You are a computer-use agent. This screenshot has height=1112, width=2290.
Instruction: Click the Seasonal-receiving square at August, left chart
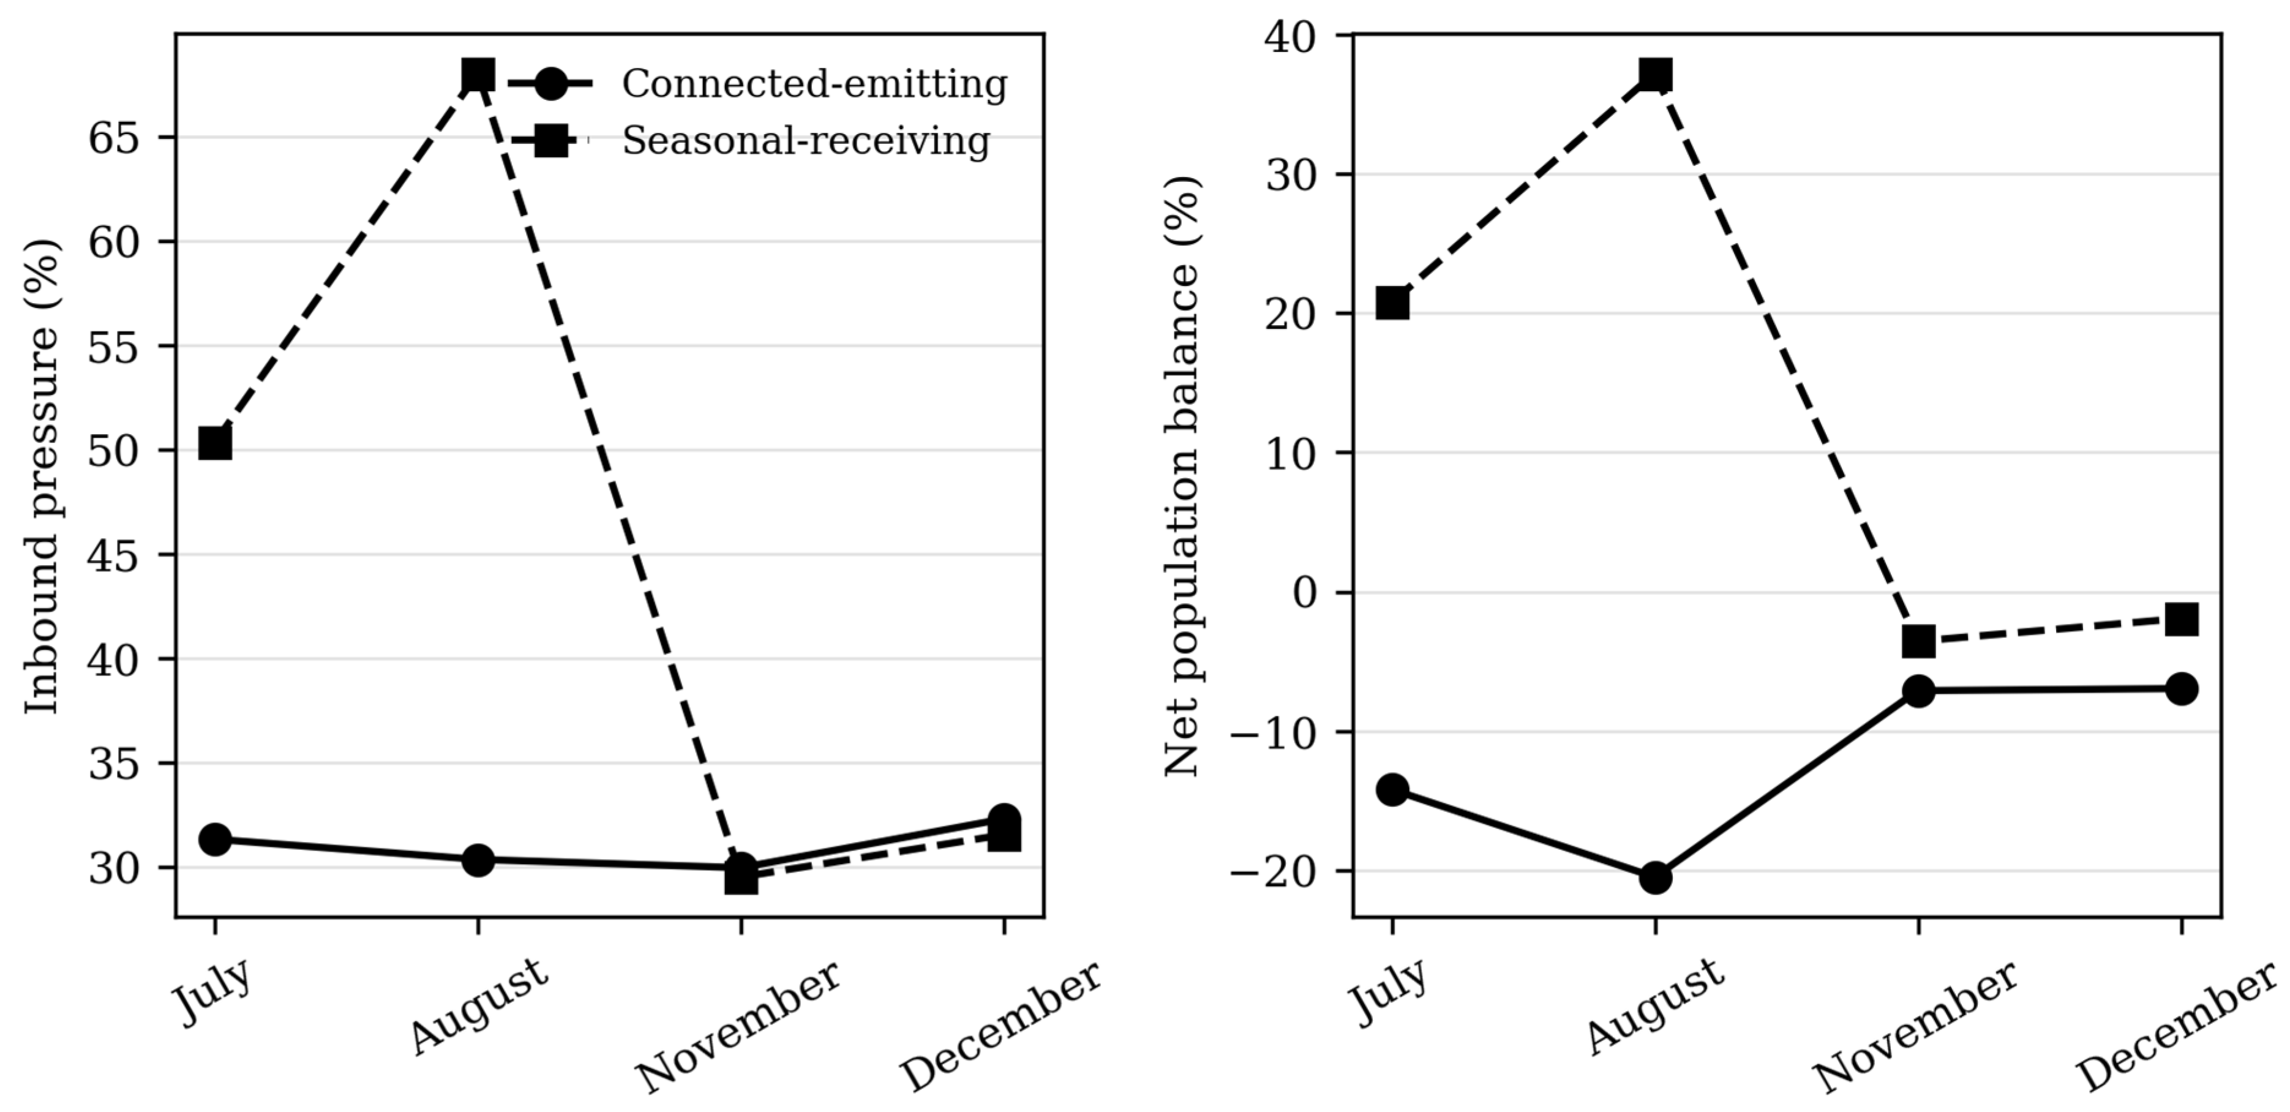coord(478,75)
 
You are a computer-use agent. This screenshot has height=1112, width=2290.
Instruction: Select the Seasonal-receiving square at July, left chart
coord(215,443)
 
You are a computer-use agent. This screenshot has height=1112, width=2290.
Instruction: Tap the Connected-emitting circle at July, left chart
coord(215,839)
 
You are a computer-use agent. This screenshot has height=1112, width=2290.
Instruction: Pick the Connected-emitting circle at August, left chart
coord(478,860)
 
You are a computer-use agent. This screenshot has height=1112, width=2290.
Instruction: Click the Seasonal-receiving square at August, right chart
coord(1655,75)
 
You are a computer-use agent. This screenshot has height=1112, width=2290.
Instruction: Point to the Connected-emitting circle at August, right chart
coord(1655,878)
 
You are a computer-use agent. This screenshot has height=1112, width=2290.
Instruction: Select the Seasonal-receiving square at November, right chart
coord(1918,641)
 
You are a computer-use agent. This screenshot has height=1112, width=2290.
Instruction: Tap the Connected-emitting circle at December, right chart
coord(2182,689)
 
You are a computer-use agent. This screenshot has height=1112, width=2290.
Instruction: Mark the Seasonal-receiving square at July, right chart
coord(1392,303)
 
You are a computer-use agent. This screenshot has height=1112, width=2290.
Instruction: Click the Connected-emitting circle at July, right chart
coord(1392,789)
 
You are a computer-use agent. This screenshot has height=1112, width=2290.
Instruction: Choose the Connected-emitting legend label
coord(814,85)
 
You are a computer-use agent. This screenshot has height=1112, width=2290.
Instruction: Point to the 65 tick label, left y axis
coord(114,138)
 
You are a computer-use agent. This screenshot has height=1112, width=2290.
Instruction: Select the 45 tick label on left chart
coord(114,555)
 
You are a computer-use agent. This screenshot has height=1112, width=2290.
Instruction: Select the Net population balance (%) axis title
coord(1182,476)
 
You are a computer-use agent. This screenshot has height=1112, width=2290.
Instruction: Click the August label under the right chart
coord(1654,1006)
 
